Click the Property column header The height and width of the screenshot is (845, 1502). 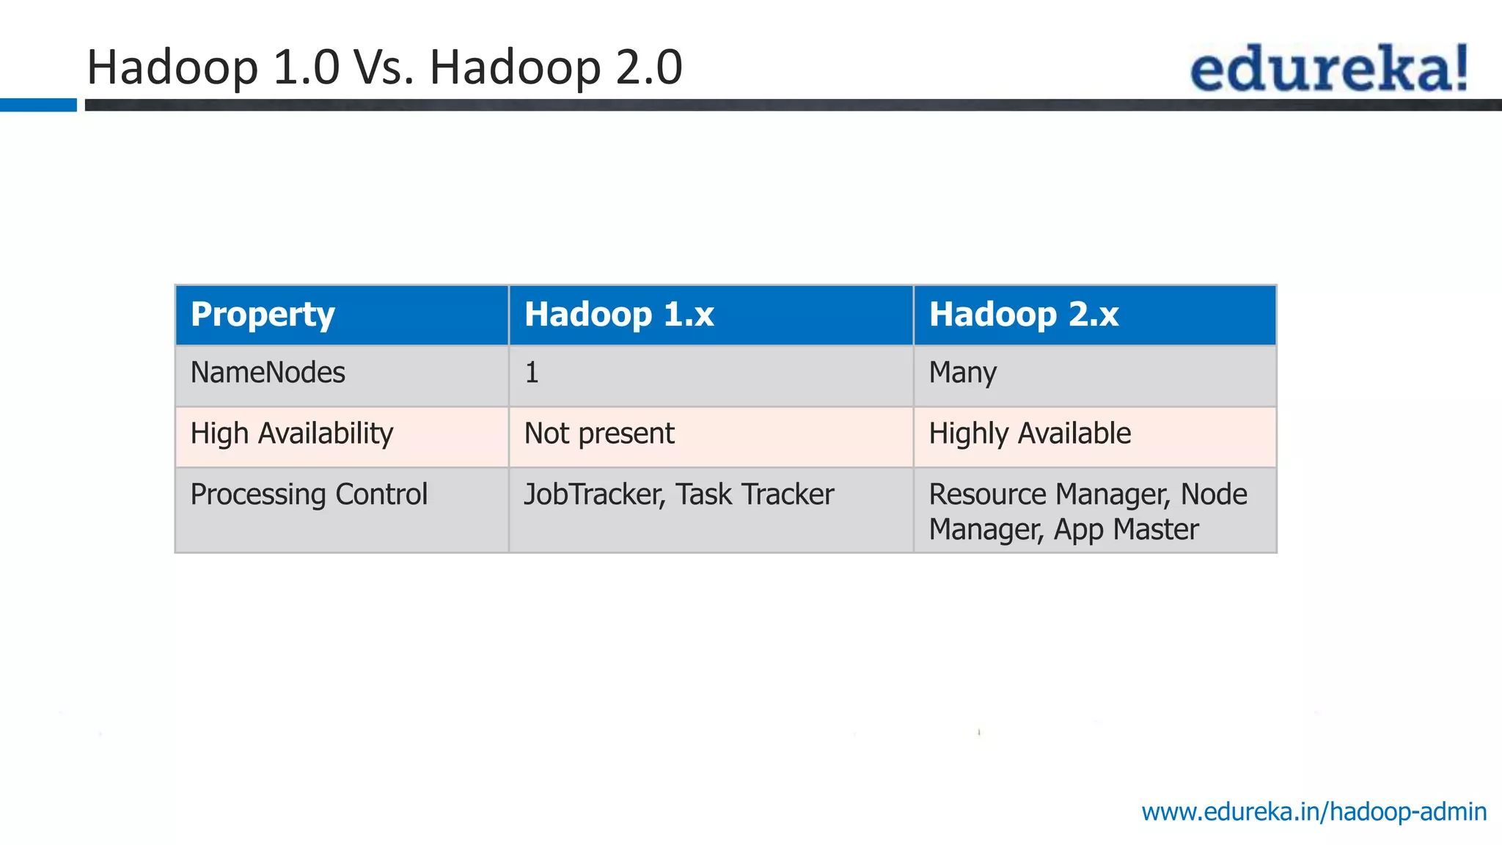click(x=263, y=315)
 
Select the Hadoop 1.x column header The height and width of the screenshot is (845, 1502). click(x=619, y=315)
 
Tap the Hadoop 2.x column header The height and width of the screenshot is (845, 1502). click(x=1024, y=315)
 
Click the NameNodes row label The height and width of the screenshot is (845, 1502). click(x=268, y=373)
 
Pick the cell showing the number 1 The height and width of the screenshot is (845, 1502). click(x=532, y=373)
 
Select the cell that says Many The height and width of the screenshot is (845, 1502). click(x=962, y=373)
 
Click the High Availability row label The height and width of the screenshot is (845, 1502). click(x=292, y=434)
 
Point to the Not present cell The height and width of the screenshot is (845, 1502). click(x=599, y=434)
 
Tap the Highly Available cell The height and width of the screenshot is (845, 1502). click(x=1030, y=434)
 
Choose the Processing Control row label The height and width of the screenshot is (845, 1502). click(x=309, y=494)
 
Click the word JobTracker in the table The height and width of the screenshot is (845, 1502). click(x=593, y=494)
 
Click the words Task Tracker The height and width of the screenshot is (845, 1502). click(x=755, y=494)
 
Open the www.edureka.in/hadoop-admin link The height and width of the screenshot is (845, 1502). click(x=1314, y=812)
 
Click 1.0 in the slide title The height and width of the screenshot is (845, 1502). click(x=306, y=67)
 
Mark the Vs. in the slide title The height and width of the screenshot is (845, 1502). click(x=384, y=67)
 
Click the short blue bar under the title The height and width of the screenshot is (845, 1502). click(x=38, y=105)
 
